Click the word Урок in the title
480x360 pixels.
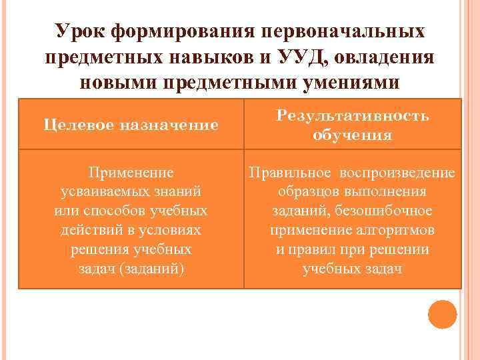(81, 32)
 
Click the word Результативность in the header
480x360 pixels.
(353, 115)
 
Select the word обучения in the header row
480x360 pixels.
(353, 135)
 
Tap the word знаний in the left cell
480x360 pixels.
(179, 191)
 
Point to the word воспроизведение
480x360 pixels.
(397, 173)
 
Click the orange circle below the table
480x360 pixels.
(442, 315)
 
